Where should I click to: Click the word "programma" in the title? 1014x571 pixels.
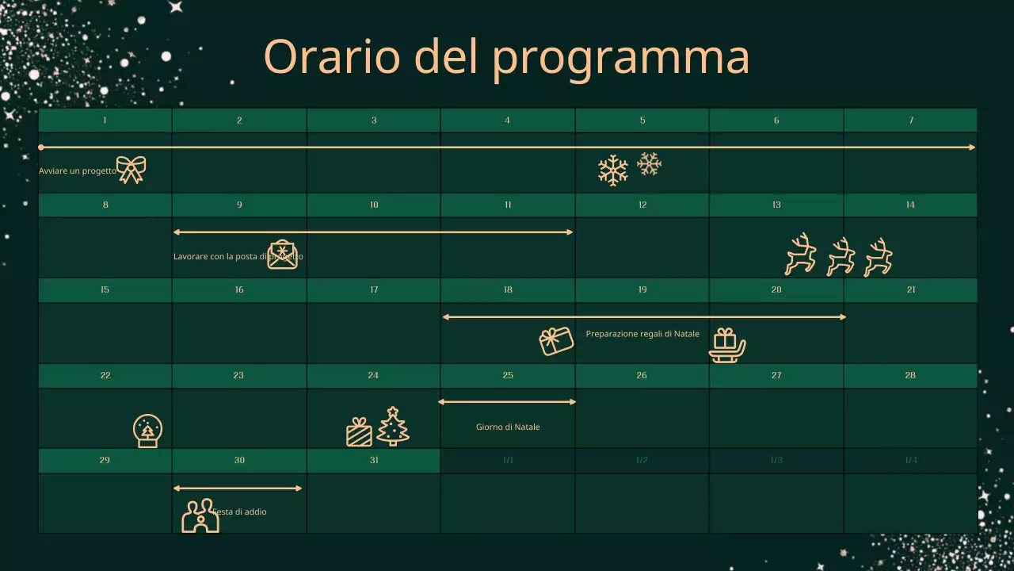(620, 57)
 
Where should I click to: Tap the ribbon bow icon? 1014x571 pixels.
(132, 169)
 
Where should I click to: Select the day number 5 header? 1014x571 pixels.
(642, 121)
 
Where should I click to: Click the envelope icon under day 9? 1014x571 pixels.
(282, 255)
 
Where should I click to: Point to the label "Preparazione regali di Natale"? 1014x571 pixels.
(642, 334)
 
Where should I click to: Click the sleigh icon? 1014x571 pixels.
(726, 346)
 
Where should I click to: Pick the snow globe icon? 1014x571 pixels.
(148, 431)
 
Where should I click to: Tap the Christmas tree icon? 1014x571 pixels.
(393, 427)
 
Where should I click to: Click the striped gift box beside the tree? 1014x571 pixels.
(359, 432)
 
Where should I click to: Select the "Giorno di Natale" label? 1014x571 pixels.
(508, 427)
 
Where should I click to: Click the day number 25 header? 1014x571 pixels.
(508, 375)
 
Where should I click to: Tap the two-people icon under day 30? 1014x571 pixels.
(200, 516)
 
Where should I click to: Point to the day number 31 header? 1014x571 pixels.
(374, 460)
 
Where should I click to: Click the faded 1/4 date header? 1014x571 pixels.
(911, 460)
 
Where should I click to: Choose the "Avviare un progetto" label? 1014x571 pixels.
(78, 171)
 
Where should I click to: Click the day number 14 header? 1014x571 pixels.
(910, 205)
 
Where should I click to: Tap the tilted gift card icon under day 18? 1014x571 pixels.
(556, 341)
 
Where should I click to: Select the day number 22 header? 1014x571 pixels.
(105, 375)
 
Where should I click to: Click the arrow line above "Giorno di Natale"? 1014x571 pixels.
(507, 402)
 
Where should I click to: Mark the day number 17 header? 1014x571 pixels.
(374, 289)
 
